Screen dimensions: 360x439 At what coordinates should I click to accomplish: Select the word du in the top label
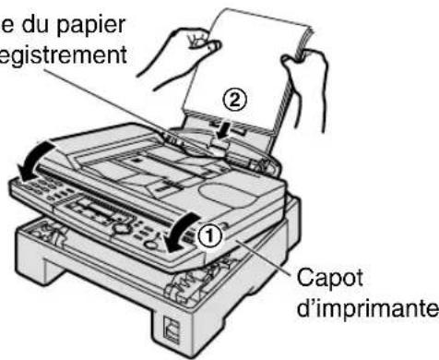click(28, 18)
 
